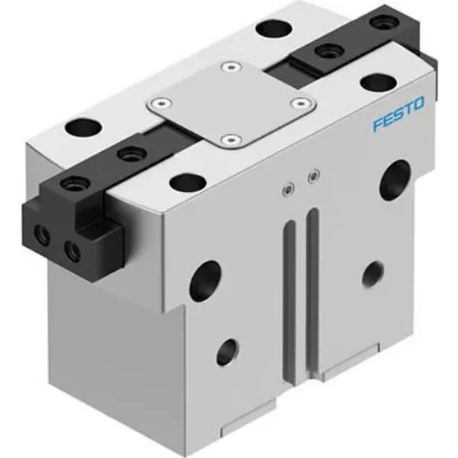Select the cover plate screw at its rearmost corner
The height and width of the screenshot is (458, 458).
click(232, 66)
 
